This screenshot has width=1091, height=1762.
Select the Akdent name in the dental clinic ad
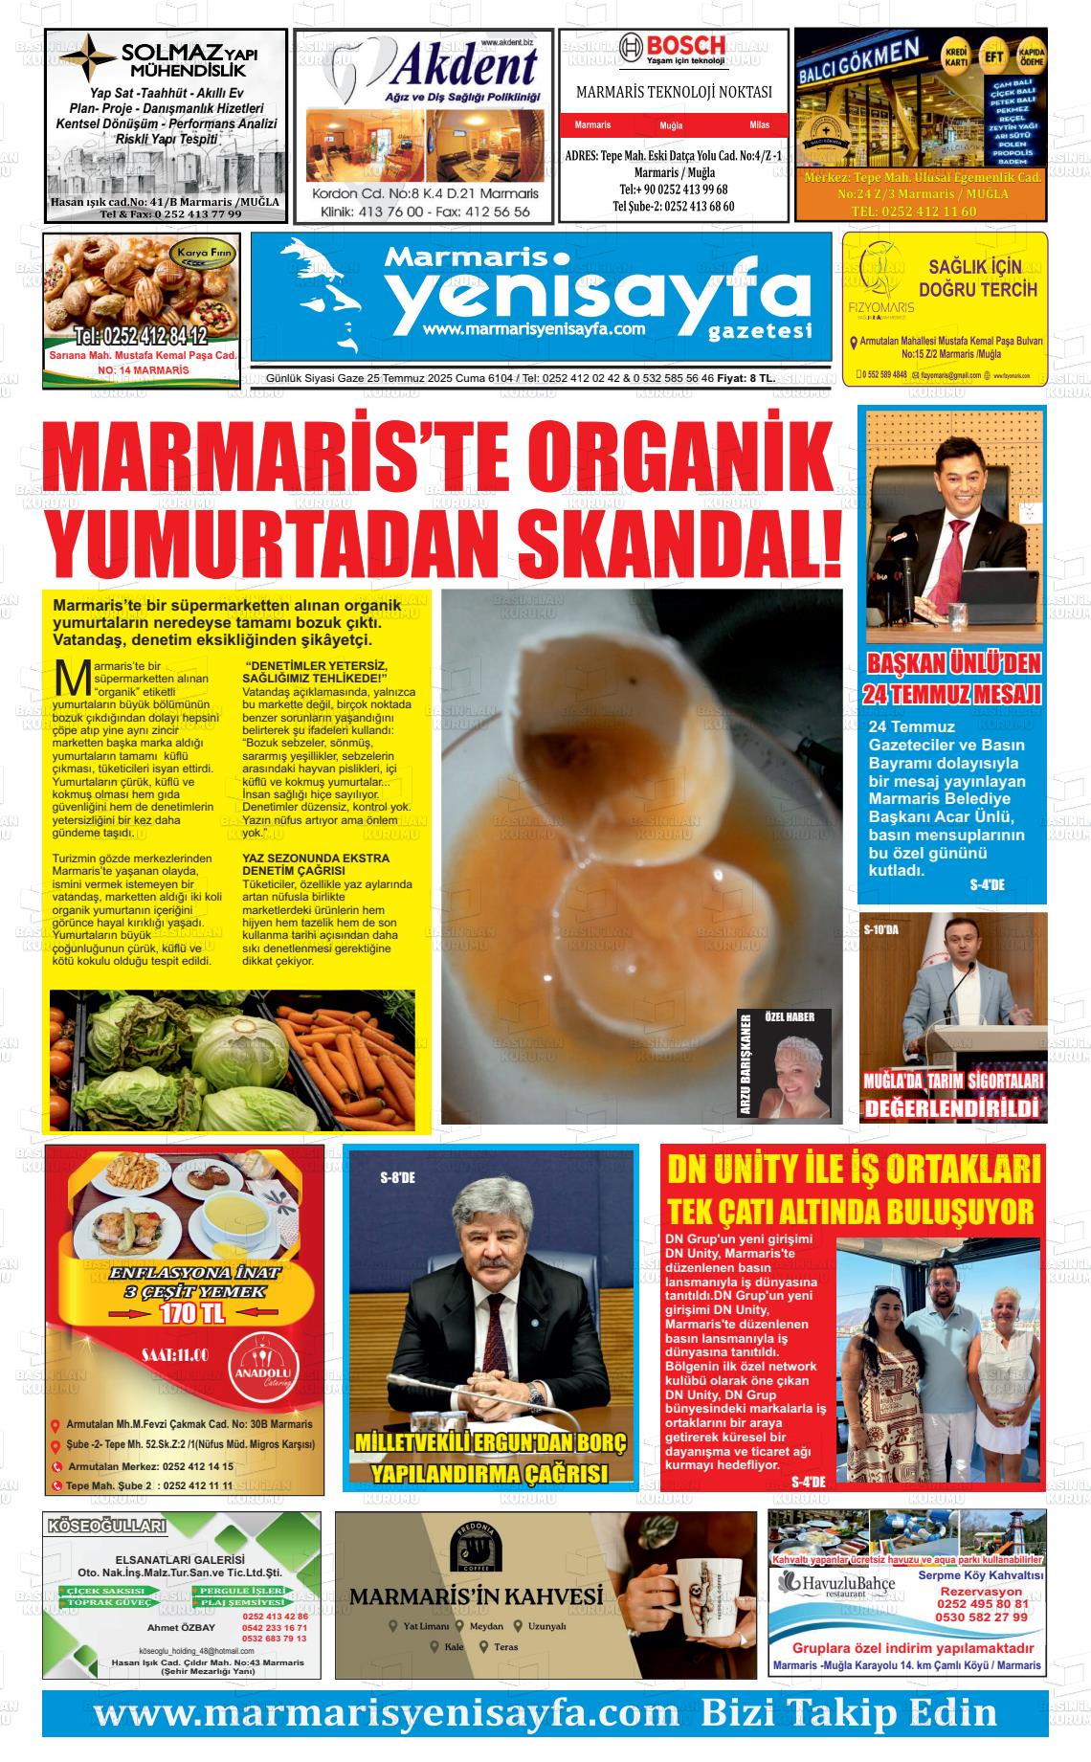pyautogui.click(x=465, y=67)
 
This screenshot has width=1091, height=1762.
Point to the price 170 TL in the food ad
pyautogui.click(x=193, y=1313)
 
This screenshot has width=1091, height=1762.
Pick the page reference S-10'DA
pyautogui.click(x=881, y=929)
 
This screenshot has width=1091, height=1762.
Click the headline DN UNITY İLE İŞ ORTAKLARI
pyautogui.click(x=852, y=1170)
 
